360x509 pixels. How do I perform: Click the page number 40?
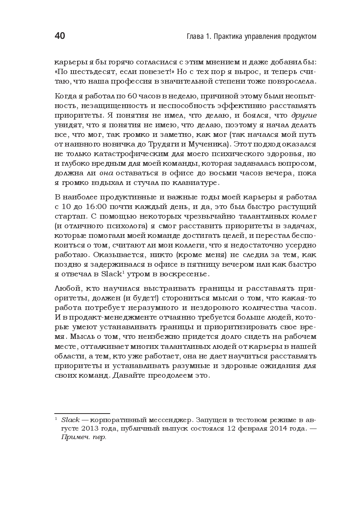pos(60,36)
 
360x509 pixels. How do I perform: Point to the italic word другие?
pos(304,115)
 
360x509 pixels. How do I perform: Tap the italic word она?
pos(106,173)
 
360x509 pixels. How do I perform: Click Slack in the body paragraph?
pos(111,274)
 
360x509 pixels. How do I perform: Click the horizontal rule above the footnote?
pos(82,414)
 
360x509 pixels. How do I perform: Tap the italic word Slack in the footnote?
pos(70,420)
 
